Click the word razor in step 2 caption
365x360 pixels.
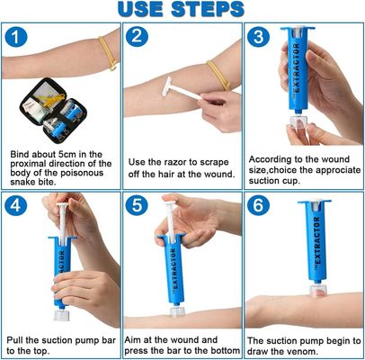click(174, 158)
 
